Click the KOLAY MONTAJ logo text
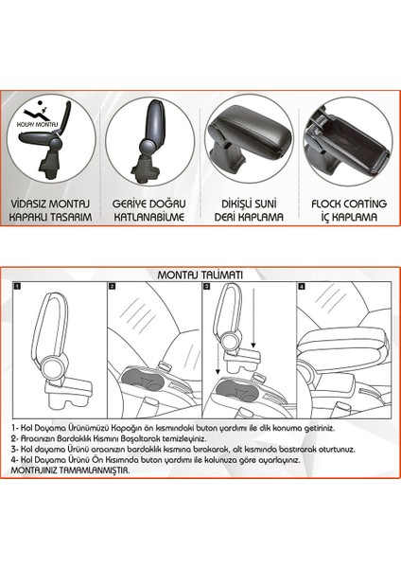coord(37,125)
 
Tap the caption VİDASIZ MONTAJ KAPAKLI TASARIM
coord(50,210)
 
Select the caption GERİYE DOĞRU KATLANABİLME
coord(149,210)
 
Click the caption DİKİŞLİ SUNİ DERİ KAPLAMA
coord(249,210)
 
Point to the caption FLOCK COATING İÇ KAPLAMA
coord(349,210)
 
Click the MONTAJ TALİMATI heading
coord(200,275)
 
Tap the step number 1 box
coord(17,286)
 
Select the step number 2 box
coord(113,286)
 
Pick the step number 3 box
coord(207,286)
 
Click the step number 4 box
coord(302,286)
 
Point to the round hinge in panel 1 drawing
coord(51,366)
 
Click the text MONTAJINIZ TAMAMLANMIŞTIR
coord(70,470)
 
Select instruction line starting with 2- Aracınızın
coord(109,439)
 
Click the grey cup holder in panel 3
coord(237,390)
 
